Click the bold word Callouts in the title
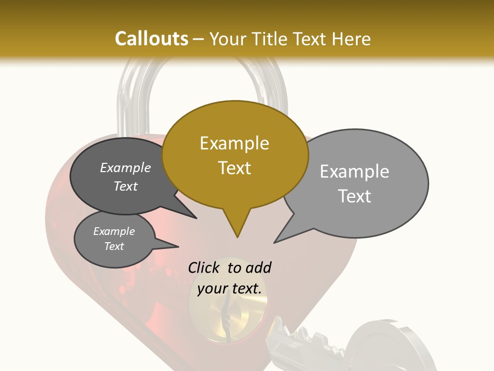(x=151, y=39)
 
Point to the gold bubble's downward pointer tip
(x=237, y=237)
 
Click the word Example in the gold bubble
(x=234, y=143)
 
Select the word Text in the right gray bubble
(x=355, y=196)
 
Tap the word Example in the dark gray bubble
(x=126, y=167)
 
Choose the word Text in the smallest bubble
(x=114, y=246)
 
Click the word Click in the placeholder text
(x=204, y=267)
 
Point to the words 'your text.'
(x=230, y=289)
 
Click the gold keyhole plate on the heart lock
(x=226, y=319)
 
